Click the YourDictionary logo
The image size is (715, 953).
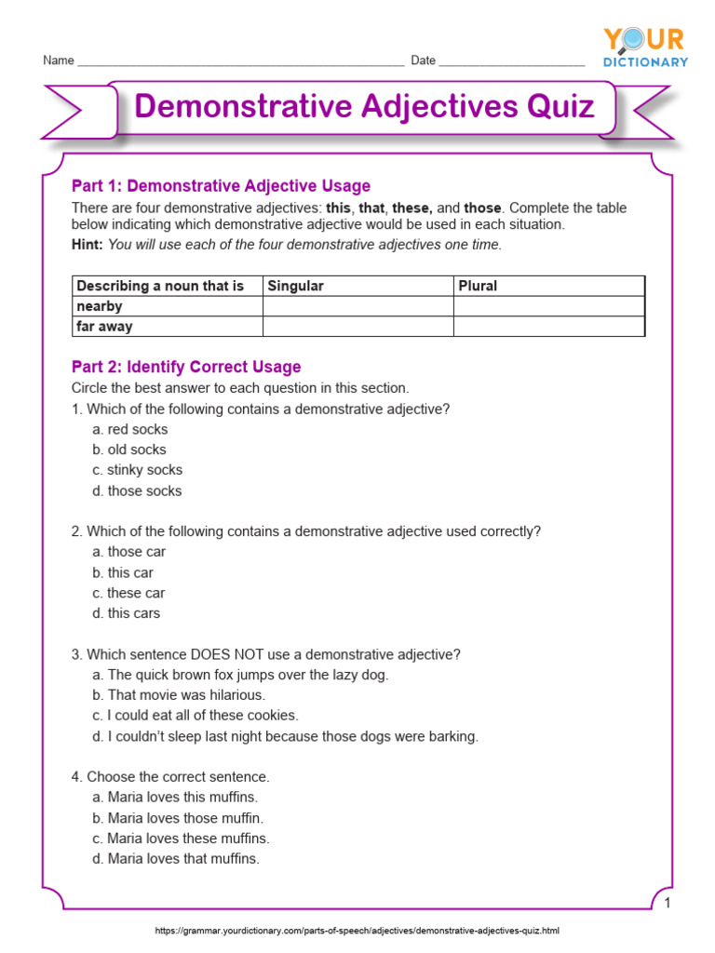(645, 47)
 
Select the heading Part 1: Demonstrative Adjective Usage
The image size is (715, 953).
(221, 186)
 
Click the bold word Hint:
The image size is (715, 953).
(88, 245)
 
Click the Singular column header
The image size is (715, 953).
(295, 286)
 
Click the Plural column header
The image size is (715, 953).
(478, 286)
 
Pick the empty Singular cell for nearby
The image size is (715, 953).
(357, 306)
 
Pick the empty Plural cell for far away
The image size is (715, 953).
(548, 327)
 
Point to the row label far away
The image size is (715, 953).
(104, 327)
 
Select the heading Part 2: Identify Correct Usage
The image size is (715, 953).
(186, 368)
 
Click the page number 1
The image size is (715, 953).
(668, 905)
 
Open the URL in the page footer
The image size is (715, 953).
(357, 931)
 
